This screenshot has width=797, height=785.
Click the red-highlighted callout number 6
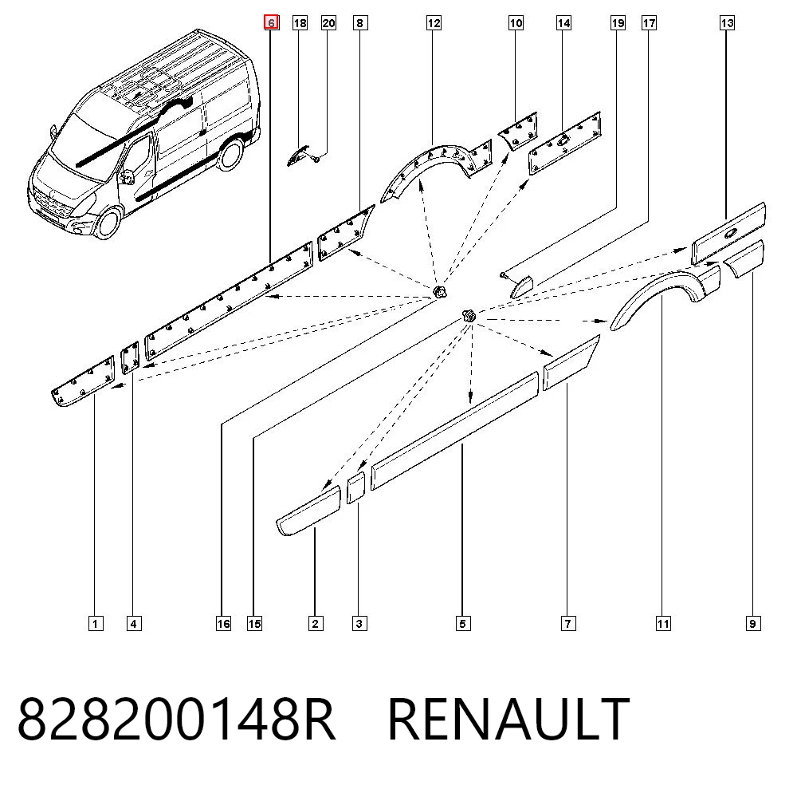tap(272, 23)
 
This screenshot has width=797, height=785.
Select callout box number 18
tap(300, 23)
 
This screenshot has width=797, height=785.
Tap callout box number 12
tap(434, 23)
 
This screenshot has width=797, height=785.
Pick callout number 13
tap(728, 23)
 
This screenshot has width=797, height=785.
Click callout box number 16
tap(224, 624)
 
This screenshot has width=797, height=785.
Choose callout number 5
tap(462, 624)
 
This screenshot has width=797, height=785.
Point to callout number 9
tap(753, 624)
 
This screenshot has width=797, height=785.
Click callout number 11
tap(663, 624)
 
